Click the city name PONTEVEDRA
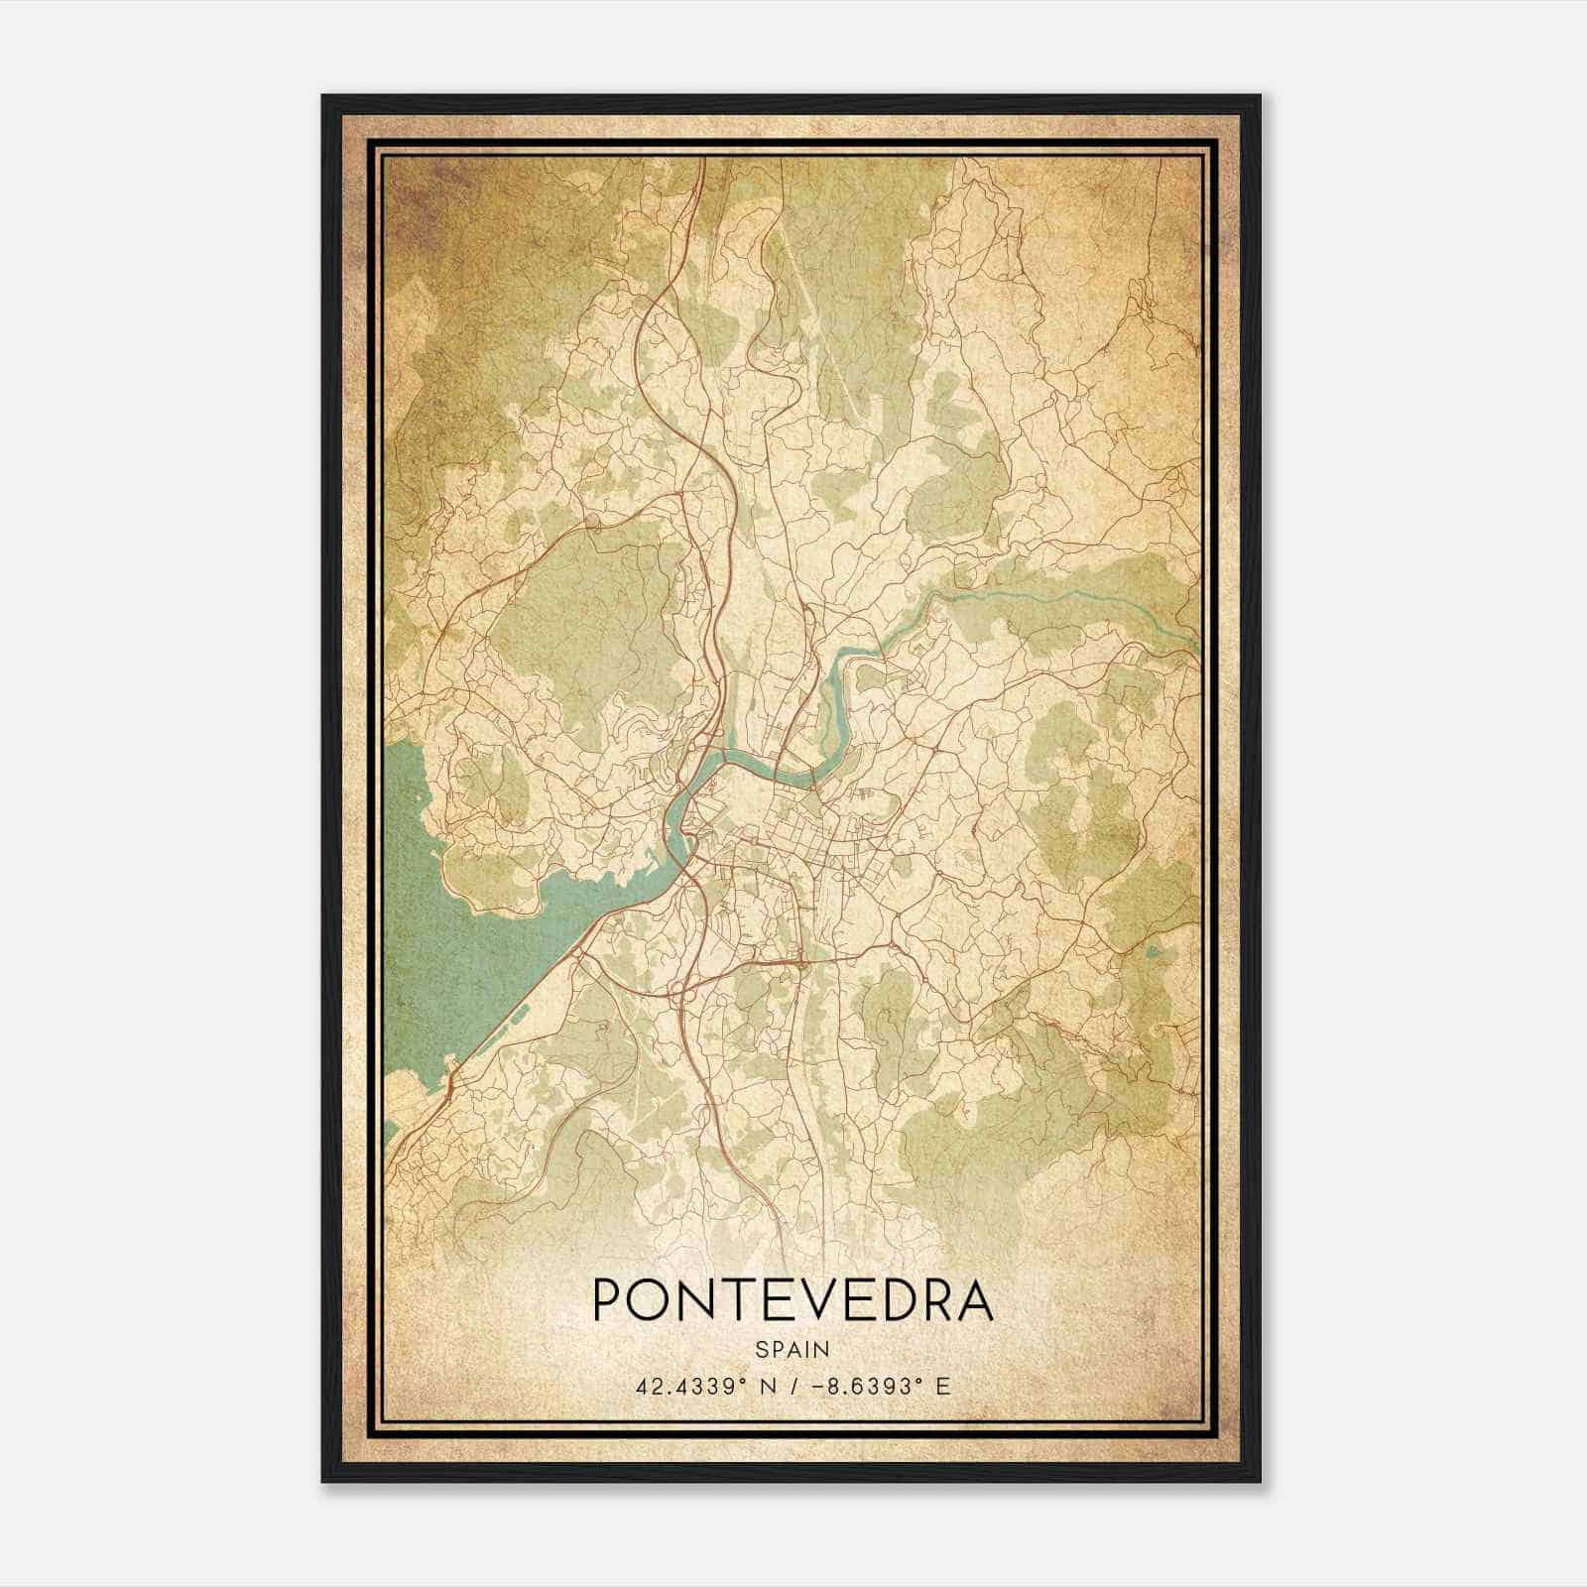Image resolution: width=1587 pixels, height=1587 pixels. [x=792, y=1300]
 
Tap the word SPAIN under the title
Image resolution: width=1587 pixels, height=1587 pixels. [x=792, y=1349]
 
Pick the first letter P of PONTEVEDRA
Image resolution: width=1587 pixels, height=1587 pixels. [x=607, y=1300]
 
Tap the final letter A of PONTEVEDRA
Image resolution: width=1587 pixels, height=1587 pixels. [x=972, y=1300]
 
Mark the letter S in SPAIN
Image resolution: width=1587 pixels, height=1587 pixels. [x=760, y=1349]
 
